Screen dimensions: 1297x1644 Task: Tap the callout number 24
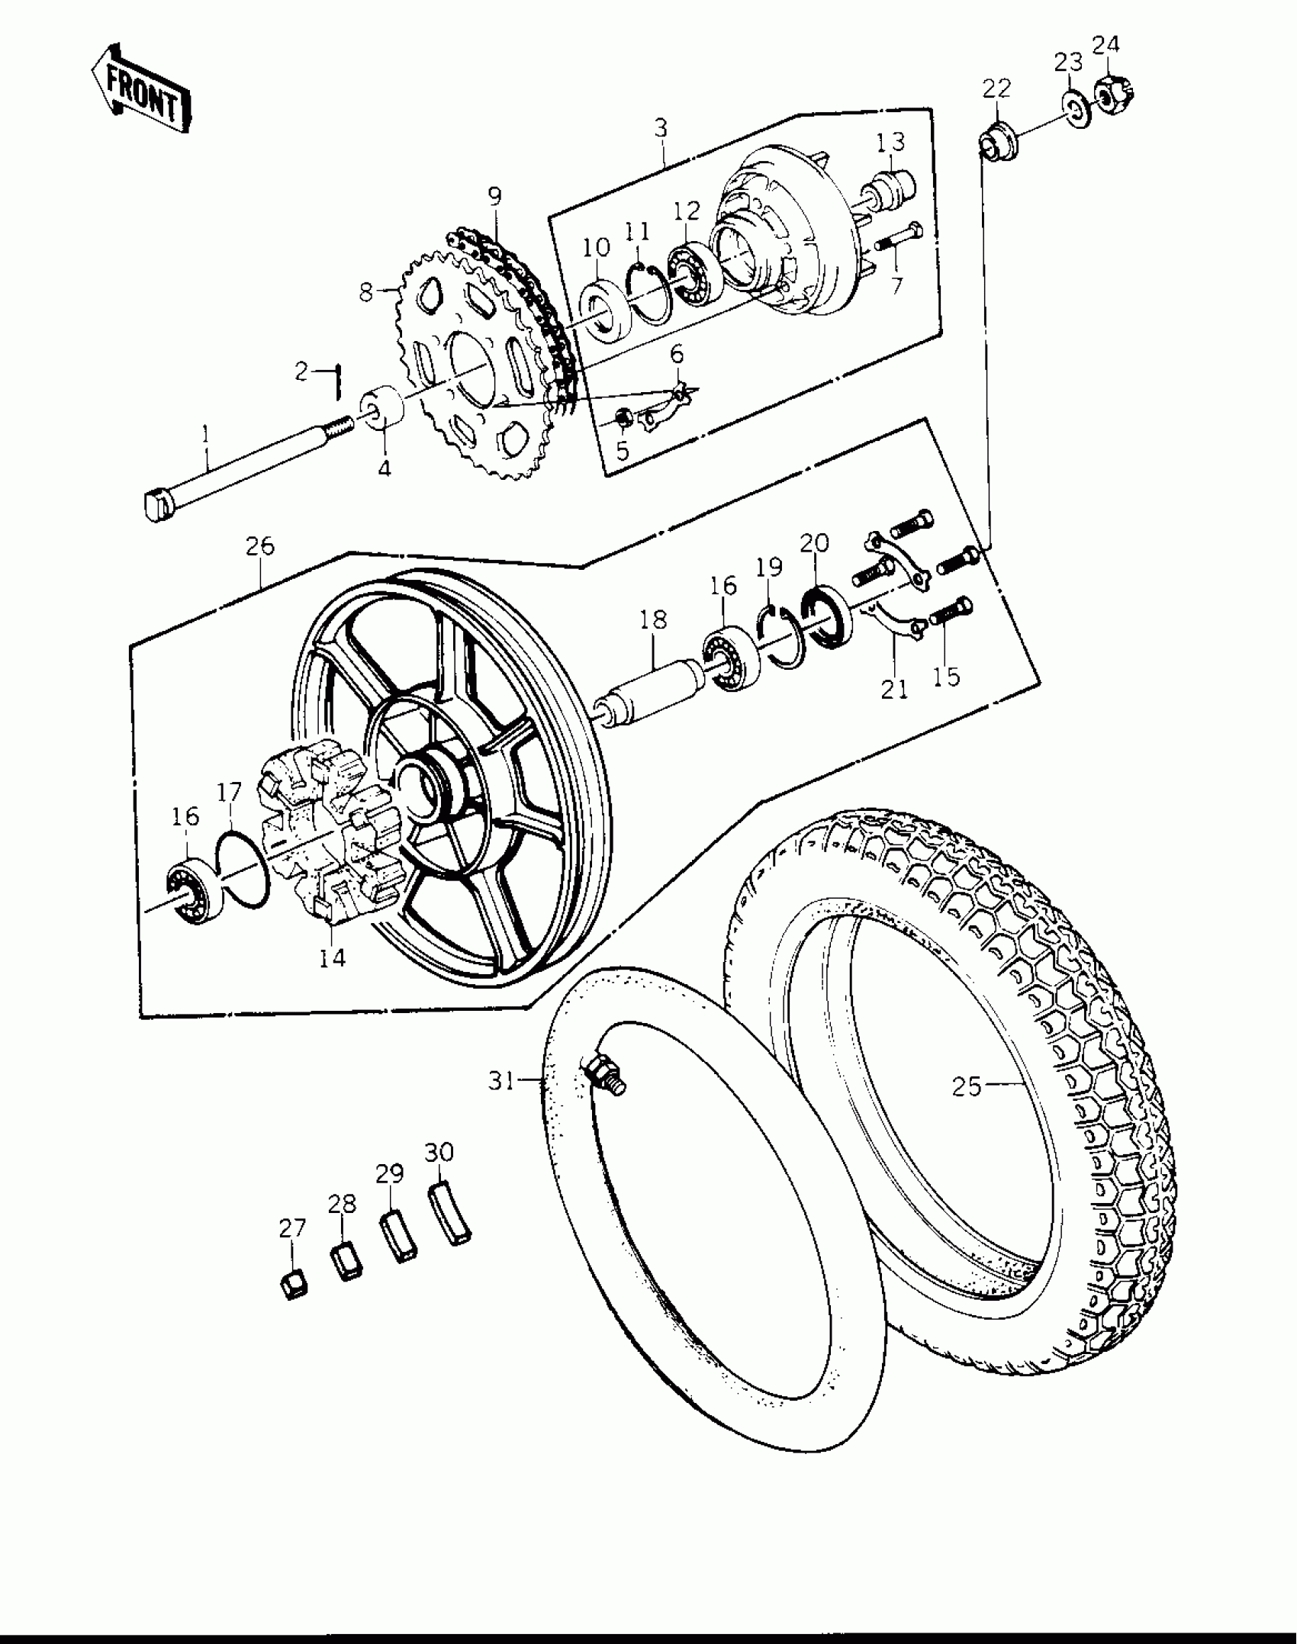pos(1106,46)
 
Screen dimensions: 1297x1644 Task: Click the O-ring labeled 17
pos(242,869)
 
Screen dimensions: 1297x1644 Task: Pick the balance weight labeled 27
pos(292,1285)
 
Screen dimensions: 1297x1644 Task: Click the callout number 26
pos(259,546)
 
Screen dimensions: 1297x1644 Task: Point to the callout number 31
pos(501,1081)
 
